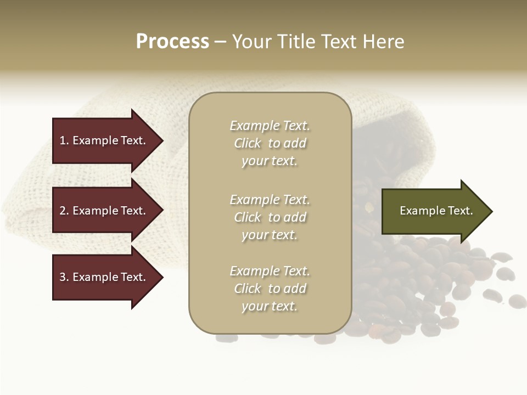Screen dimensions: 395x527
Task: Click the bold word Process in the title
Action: point(172,42)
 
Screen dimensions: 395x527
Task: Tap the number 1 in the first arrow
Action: point(63,140)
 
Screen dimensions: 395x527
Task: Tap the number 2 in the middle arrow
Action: point(63,211)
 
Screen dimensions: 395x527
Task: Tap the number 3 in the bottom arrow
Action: point(63,277)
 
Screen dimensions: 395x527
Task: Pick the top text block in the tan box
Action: point(270,143)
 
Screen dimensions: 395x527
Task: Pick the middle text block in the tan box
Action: point(270,217)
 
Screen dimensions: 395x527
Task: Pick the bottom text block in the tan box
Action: point(270,289)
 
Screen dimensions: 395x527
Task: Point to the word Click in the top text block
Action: point(248,143)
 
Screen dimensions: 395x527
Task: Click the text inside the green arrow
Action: point(436,211)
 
